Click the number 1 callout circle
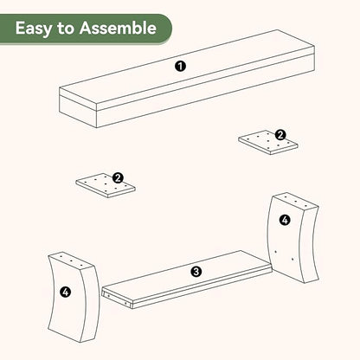point(181,67)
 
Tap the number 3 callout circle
point(196,272)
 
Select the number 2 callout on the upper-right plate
point(280,135)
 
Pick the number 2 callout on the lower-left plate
point(118,177)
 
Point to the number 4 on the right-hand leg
point(285,220)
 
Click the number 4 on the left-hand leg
point(66,292)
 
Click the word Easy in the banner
point(35,29)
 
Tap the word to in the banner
point(67,29)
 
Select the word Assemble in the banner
point(118,28)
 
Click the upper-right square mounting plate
point(268,142)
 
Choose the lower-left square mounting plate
point(106,185)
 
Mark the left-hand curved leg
point(74,298)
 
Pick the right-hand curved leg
point(293,237)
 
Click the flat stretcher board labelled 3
point(188,280)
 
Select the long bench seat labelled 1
point(187,79)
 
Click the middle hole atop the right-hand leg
point(295,202)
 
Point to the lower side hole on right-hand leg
point(292,259)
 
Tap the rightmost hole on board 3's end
point(125,304)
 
